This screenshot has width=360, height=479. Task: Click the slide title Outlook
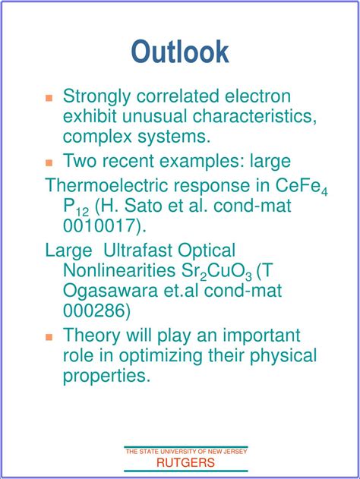tap(180, 52)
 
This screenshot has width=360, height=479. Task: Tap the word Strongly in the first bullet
tap(96, 96)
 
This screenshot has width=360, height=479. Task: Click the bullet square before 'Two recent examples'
tap(49, 162)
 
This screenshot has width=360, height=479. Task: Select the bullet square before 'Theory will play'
tap(49, 336)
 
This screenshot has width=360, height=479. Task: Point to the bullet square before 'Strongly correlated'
tap(49, 98)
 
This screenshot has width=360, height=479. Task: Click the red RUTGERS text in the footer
tap(185, 462)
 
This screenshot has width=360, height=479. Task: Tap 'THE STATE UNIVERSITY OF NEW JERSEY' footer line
tap(186, 452)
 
